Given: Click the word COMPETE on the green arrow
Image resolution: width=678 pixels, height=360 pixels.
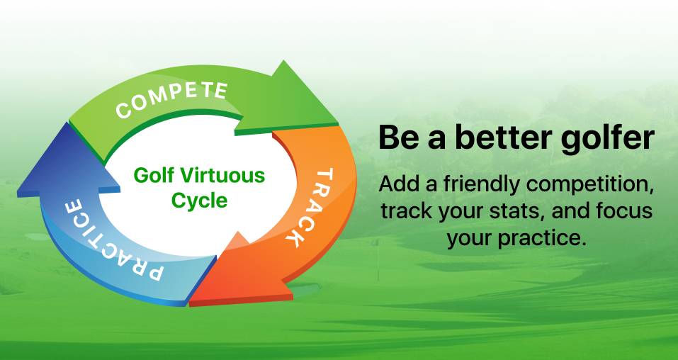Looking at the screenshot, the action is click(171, 99).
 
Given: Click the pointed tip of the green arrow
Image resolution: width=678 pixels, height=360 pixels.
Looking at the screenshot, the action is click(338, 123).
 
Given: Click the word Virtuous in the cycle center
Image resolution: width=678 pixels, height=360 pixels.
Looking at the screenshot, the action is click(222, 176).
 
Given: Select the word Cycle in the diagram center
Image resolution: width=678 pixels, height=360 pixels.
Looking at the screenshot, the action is click(199, 201).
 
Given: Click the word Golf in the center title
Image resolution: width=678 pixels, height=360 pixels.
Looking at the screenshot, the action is click(154, 176).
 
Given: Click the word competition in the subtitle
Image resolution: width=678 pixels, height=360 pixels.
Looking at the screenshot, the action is click(590, 186).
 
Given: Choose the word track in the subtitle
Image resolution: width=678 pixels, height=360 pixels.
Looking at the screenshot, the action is click(406, 211).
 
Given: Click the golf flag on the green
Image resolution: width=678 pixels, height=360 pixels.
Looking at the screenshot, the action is click(377, 259).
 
